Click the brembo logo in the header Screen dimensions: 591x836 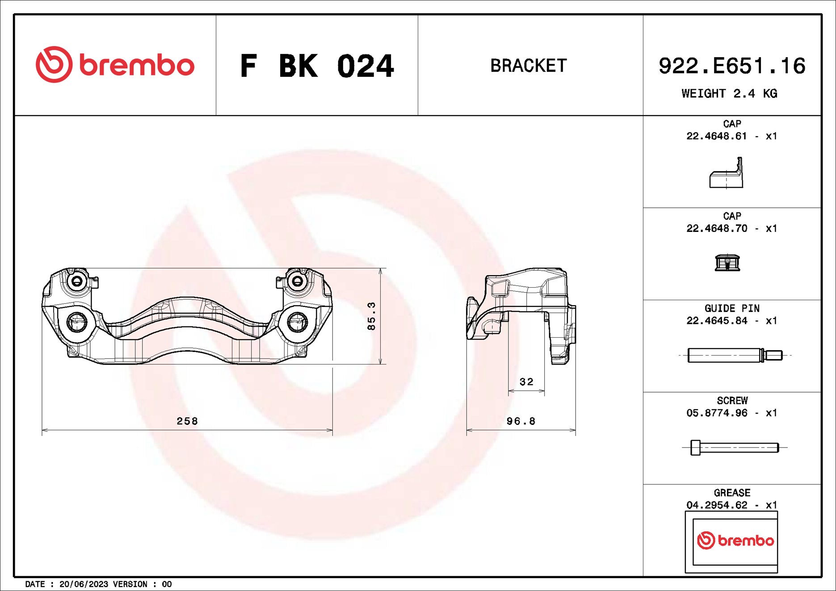(115, 65)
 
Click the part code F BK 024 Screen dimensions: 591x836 (317, 66)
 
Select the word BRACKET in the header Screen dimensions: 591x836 (529, 66)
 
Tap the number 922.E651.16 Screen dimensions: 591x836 (731, 66)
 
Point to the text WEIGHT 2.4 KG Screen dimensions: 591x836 (729, 94)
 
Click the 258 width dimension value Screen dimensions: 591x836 (187, 421)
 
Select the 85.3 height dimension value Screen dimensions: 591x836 (371, 316)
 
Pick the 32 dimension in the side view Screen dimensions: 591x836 (526, 382)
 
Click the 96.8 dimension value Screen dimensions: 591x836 (521, 421)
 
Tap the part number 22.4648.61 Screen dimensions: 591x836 (717, 136)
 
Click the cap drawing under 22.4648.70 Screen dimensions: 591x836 (727, 263)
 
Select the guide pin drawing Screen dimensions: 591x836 (735, 355)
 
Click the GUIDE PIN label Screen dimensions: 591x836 (732, 308)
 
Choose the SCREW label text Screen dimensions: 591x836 (732, 401)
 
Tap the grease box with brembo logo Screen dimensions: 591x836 (731, 541)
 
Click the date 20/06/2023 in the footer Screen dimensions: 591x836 (84, 584)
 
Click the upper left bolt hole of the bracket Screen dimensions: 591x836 (77, 281)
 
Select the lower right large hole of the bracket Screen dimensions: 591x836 (297, 322)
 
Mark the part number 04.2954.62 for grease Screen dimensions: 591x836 (717, 505)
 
